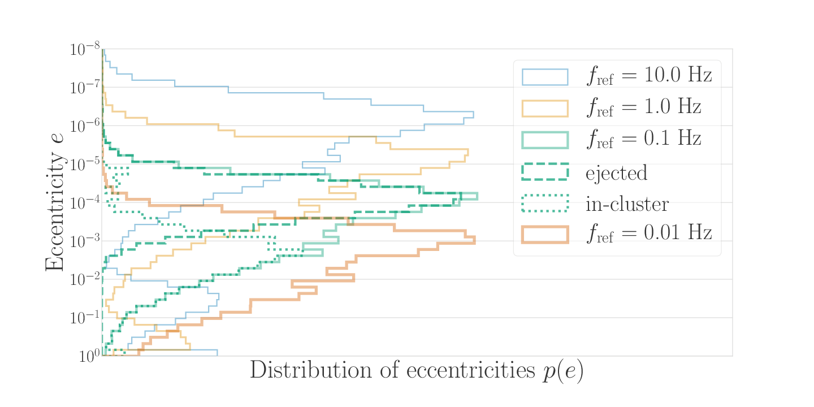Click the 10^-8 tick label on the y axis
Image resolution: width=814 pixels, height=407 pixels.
(84, 50)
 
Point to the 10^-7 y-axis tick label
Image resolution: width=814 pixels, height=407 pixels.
(84, 88)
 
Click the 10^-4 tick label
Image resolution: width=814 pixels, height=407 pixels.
(84, 203)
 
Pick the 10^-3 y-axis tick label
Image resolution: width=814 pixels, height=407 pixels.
(84, 241)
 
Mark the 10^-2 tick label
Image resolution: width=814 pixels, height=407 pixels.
(84, 280)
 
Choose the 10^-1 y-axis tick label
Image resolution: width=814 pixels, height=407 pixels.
(84, 318)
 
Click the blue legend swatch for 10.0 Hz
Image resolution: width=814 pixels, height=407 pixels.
(544, 76)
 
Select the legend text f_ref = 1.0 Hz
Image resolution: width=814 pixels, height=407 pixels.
(643, 107)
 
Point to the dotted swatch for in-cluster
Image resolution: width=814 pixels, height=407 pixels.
(544, 203)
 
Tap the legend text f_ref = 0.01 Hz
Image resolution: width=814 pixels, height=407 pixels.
(648, 233)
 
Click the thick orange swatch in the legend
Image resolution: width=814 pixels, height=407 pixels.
(544, 234)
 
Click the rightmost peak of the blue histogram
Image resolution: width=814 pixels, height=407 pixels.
(473, 114)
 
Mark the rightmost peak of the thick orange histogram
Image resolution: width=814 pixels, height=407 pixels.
(474, 240)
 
